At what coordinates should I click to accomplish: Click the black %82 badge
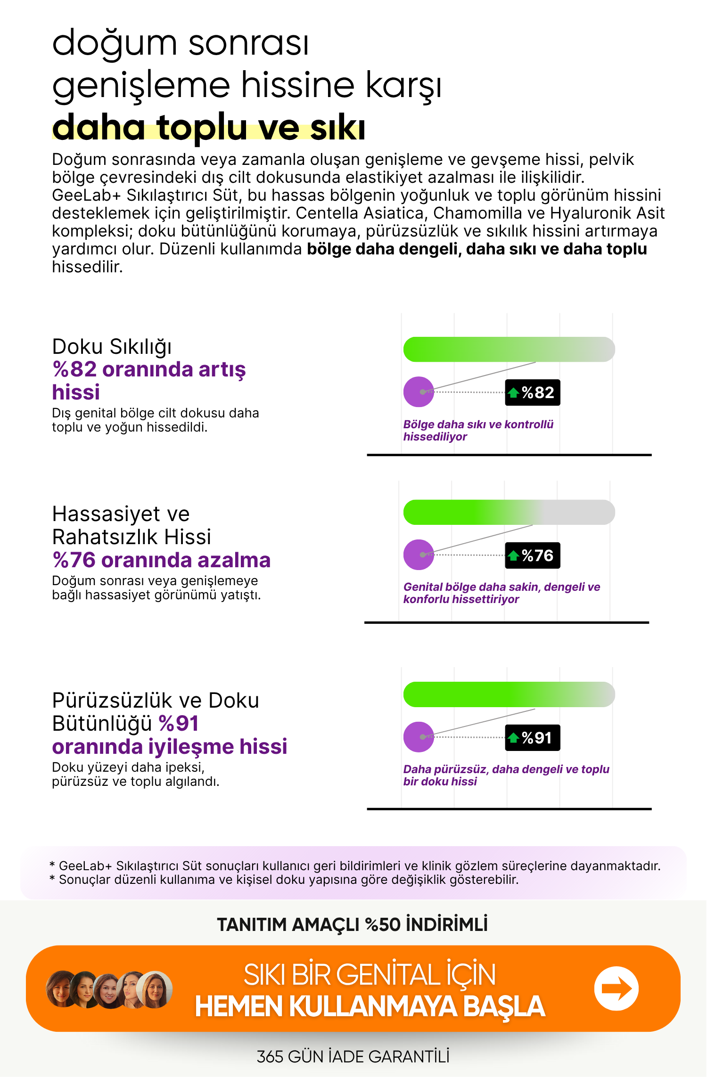533,392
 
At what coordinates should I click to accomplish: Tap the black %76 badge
533,555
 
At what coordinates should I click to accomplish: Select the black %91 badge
533,738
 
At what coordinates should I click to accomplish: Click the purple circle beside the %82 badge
419,392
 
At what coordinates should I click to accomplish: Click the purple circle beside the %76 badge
419,555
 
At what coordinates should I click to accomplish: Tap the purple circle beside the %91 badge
419,737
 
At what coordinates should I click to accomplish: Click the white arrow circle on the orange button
616,988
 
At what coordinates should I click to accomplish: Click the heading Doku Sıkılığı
112,347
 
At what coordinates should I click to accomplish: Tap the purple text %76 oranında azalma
161,560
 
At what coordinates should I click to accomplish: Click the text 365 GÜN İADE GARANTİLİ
353,1057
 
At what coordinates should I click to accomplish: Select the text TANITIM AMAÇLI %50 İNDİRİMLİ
352,924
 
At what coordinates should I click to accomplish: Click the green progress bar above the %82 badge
509,350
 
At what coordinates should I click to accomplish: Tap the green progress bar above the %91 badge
509,694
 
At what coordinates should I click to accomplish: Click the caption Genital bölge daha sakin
501,587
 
